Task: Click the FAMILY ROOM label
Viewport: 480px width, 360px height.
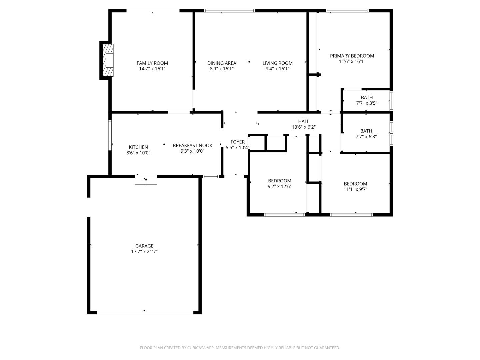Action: pyautogui.click(x=152, y=63)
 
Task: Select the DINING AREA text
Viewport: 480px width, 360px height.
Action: pyautogui.click(x=222, y=63)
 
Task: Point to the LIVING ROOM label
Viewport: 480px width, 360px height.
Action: pyautogui.click(x=277, y=63)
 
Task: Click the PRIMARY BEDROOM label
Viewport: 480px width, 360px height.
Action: pyautogui.click(x=352, y=56)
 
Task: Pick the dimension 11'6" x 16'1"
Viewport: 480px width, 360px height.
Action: pyautogui.click(x=352, y=61)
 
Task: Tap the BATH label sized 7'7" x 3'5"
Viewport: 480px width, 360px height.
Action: pyautogui.click(x=367, y=97)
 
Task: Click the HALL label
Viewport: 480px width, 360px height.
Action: pyautogui.click(x=304, y=121)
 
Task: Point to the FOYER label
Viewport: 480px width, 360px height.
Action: pyautogui.click(x=237, y=142)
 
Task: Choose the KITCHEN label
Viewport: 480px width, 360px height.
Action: pyautogui.click(x=138, y=147)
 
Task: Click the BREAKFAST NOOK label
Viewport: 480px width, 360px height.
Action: pyautogui.click(x=192, y=145)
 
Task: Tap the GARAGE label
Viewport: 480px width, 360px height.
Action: pyautogui.click(x=144, y=246)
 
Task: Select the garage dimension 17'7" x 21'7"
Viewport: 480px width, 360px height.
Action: pyautogui.click(x=144, y=252)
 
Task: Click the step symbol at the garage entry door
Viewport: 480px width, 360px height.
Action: pyautogui.click(x=146, y=180)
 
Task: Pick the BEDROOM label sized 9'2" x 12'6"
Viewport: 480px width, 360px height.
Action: pyautogui.click(x=280, y=181)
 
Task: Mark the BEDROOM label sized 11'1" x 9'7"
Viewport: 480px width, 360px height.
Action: pyautogui.click(x=355, y=184)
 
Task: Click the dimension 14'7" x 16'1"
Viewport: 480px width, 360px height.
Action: pyautogui.click(x=152, y=69)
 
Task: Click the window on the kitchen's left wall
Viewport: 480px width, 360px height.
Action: pyautogui.click(x=110, y=135)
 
